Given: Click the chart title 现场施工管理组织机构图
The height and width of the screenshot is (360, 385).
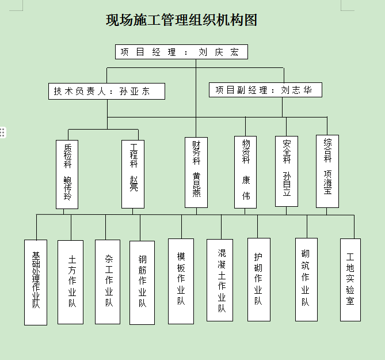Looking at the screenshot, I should [x=181, y=21].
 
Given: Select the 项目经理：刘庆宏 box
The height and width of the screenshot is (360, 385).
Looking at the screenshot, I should [x=181, y=52].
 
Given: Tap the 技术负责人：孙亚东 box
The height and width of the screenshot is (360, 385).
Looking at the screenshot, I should [x=106, y=91].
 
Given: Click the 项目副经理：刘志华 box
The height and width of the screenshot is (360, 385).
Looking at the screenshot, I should [x=265, y=90].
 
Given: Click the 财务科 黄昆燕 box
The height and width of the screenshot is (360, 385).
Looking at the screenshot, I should [x=196, y=172].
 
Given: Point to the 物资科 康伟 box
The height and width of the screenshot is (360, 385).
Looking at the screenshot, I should [x=246, y=172].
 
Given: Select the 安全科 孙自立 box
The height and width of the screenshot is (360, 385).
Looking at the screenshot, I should [x=287, y=171].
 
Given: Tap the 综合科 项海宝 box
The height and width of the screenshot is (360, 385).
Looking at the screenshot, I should [x=327, y=171].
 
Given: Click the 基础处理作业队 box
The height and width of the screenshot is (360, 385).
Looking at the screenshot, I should [x=36, y=282].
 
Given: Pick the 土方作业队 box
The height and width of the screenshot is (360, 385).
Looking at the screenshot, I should [x=71, y=282].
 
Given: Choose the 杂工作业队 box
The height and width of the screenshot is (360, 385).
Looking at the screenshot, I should [x=108, y=282].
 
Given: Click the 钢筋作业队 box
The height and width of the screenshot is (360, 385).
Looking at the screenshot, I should [x=142, y=282].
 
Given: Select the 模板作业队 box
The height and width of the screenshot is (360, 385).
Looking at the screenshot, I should [x=181, y=281].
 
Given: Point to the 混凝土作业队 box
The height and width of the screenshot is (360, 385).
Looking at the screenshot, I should [x=220, y=280].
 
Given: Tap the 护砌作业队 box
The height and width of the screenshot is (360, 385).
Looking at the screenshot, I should [x=258, y=279].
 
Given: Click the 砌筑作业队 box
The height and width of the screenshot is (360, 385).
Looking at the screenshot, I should [x=306, y=279].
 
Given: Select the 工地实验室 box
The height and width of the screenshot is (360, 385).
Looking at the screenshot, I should [x=350, y=279].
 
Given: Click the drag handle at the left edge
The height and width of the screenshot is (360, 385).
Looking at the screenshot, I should [x=3, y=132].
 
